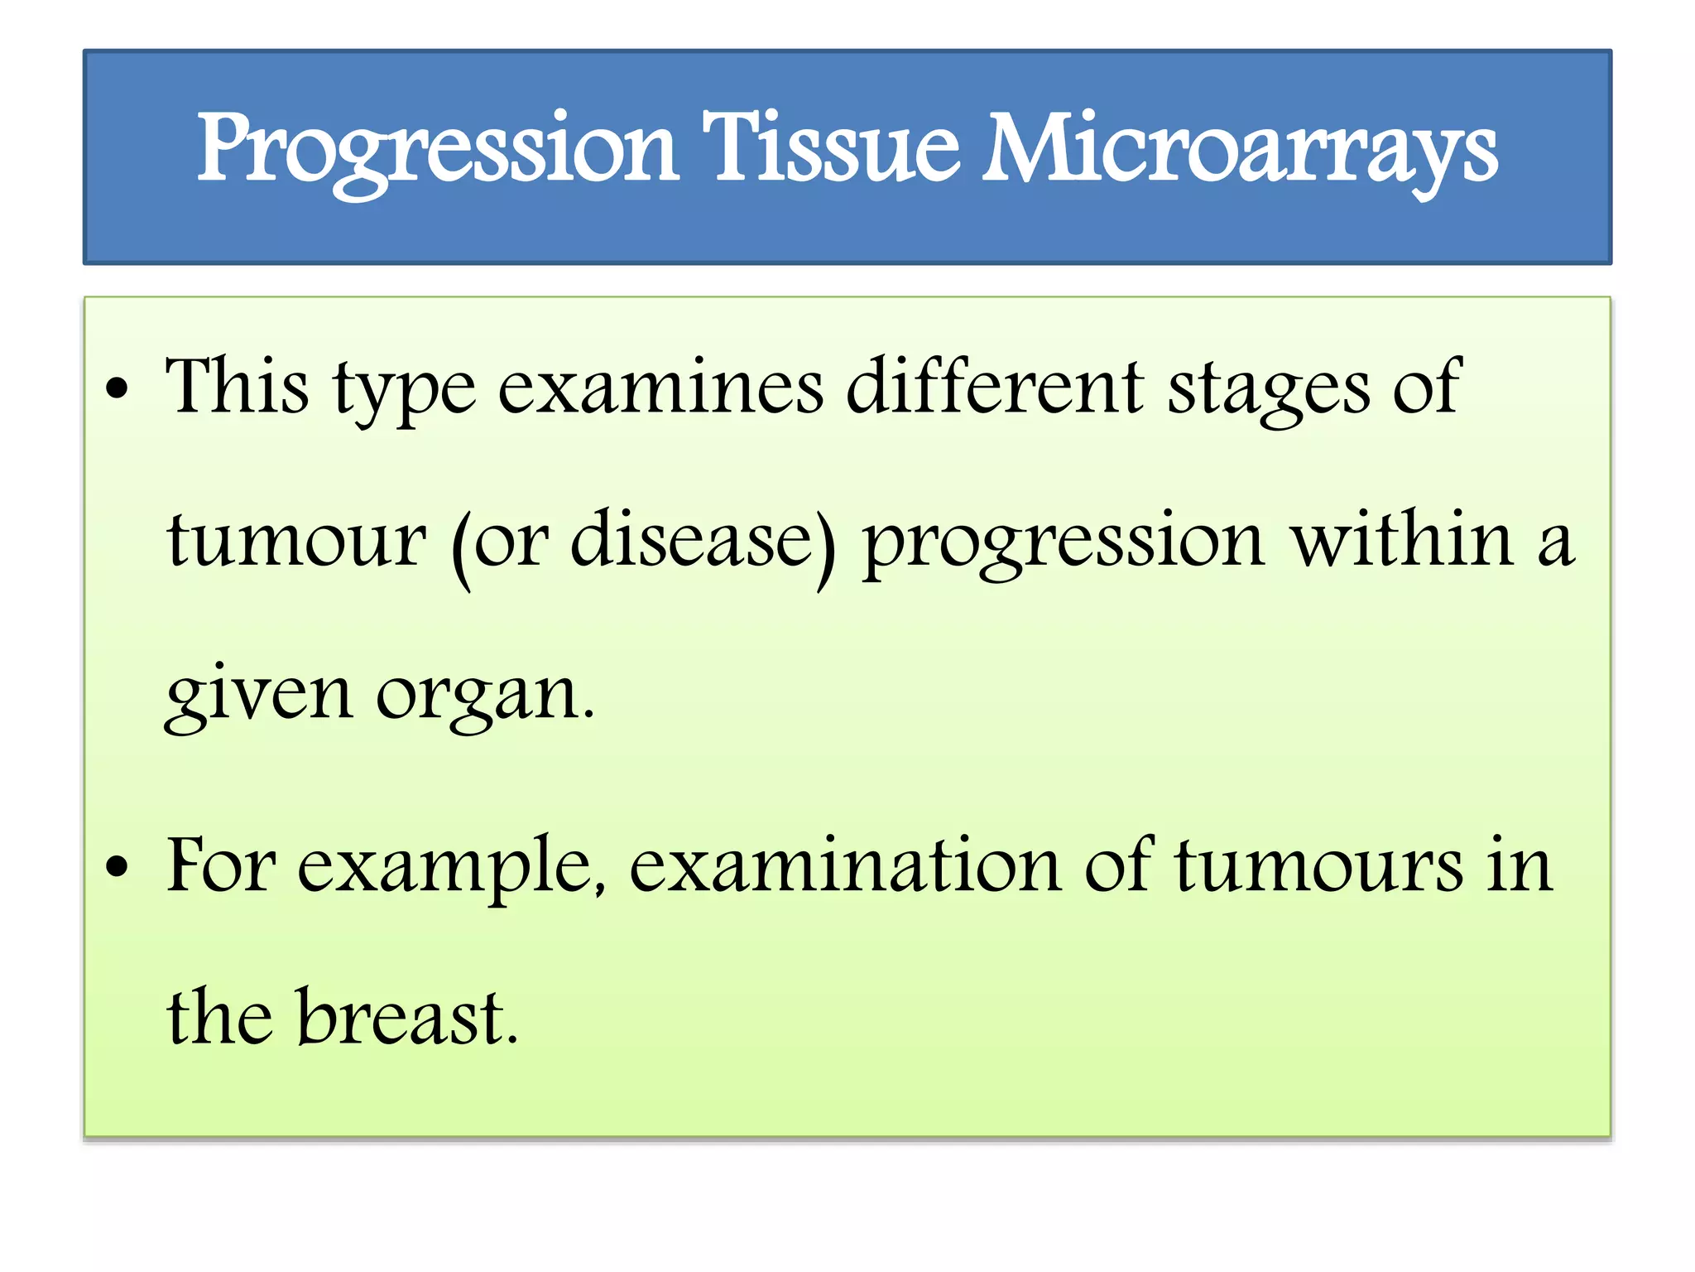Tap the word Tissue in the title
831,149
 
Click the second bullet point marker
118,867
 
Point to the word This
237,386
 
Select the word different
996,386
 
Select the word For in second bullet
220,865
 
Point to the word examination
845,865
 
